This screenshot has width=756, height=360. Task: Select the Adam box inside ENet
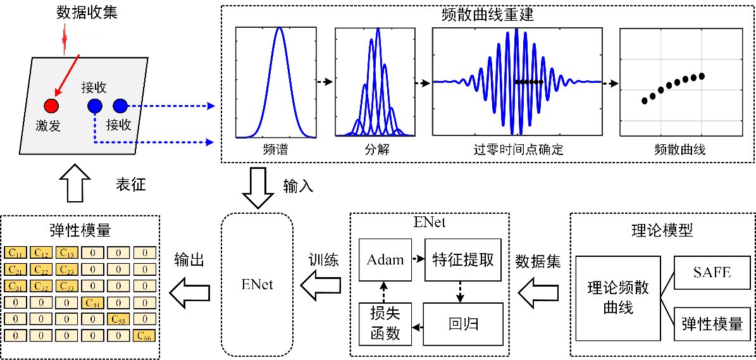(x=385, y=259)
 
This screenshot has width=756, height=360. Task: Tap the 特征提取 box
(x=463, y=259)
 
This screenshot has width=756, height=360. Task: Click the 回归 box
(x=463, y=324)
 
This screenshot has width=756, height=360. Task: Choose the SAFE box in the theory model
(x=712, y=272)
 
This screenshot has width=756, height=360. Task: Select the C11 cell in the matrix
(x=15, y=253)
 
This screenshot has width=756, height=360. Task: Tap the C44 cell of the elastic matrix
(x=93, y=302)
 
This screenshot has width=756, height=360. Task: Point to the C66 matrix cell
(x=144, y=335)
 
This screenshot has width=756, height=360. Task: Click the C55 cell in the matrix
(x=118, y=319)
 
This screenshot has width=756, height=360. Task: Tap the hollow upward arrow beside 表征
(x=73, y=184)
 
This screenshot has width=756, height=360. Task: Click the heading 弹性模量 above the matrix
(x=80, y=229)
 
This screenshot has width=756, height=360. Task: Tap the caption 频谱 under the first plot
(x=276, y=150)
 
